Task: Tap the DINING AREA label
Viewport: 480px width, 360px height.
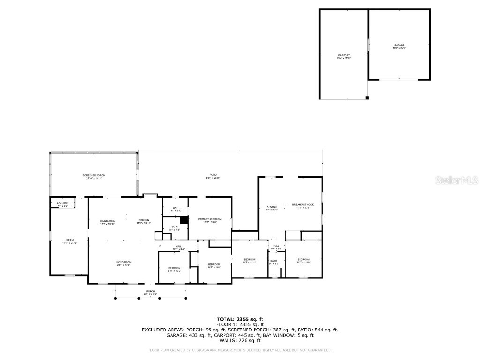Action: tap(107, 222)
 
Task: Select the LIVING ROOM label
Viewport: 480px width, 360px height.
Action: tap(124, 263)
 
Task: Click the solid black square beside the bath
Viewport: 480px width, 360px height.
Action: tap(184, 220)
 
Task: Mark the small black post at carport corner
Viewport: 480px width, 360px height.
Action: tap(367, 98)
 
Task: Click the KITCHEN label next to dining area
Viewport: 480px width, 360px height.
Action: tap(143, 221)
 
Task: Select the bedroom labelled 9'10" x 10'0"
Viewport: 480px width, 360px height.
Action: tap(174, 269)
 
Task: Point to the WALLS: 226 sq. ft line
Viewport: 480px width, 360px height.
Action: tap(240, 341)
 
